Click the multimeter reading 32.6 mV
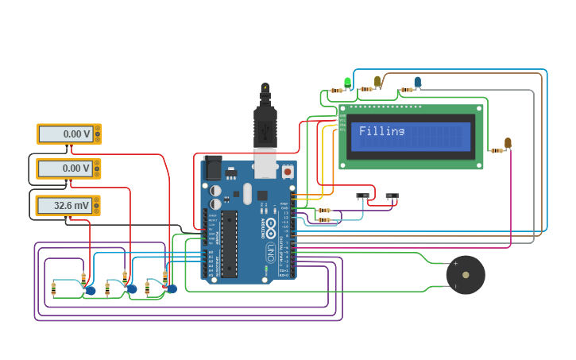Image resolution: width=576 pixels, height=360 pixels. [68, 206]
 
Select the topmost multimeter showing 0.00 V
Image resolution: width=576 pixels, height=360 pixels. [69, 134]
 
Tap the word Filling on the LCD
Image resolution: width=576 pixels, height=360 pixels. [381, 131]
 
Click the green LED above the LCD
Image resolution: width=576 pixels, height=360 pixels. [347, 82]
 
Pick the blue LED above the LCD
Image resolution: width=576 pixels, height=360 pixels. [418, 81]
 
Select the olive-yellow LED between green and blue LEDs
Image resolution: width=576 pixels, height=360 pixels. [377, 81]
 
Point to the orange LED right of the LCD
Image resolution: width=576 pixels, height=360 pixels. [508, 143]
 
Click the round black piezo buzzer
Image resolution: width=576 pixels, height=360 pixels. [465, 275]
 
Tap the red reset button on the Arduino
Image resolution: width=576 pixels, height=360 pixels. [287, 171]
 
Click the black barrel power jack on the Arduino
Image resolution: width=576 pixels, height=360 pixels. [213, 168]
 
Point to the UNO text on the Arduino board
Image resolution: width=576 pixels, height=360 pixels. [270, 253]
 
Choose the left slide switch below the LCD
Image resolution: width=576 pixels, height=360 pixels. [363, 195]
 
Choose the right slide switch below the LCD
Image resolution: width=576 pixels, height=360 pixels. [392, 195]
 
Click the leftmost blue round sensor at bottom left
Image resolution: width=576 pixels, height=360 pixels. [91, 291]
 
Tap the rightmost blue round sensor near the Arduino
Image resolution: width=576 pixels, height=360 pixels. [172, 288]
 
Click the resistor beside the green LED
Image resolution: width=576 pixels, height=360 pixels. [337, 91]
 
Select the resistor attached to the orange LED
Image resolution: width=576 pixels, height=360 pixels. [497, 150]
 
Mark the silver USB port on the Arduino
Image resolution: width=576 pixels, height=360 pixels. [265, 163]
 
